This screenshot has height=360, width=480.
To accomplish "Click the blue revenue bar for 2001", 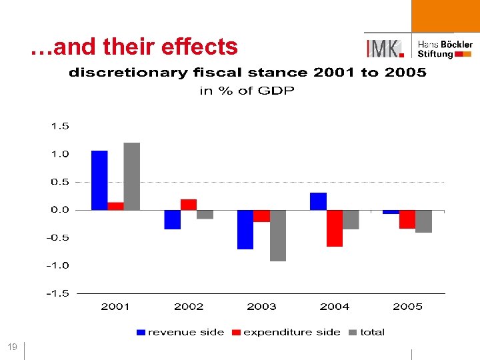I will (x=99, y=180).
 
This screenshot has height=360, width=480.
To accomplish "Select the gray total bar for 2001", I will (x=132, y=176).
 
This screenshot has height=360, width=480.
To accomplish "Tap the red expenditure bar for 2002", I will (x=189, y=205).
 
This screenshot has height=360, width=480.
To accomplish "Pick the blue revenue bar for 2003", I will (x=245, y=229).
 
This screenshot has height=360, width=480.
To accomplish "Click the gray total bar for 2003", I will (x=278, y=235).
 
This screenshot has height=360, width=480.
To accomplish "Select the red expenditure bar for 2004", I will (x=335, y=228).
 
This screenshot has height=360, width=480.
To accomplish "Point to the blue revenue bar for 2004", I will (x=319, y=201).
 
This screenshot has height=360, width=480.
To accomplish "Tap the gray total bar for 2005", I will (x=424, y=221).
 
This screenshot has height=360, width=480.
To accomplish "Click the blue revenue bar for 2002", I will (x=173, y=219).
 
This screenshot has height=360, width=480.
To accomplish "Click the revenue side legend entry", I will (x=180, y=332).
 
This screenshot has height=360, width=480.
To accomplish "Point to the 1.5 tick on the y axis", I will (x=59, y=126).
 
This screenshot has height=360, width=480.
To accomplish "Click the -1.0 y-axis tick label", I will (x=57, y=265).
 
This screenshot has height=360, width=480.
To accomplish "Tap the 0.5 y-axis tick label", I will (x=59, y=182).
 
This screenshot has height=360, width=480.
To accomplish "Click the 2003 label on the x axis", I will (x=261, y=307).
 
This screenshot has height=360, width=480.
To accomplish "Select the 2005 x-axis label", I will (x=407, y=307).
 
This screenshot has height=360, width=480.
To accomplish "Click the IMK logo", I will (x=385, y=48).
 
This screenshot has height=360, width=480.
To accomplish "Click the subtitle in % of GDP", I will (x=247, y=91).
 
